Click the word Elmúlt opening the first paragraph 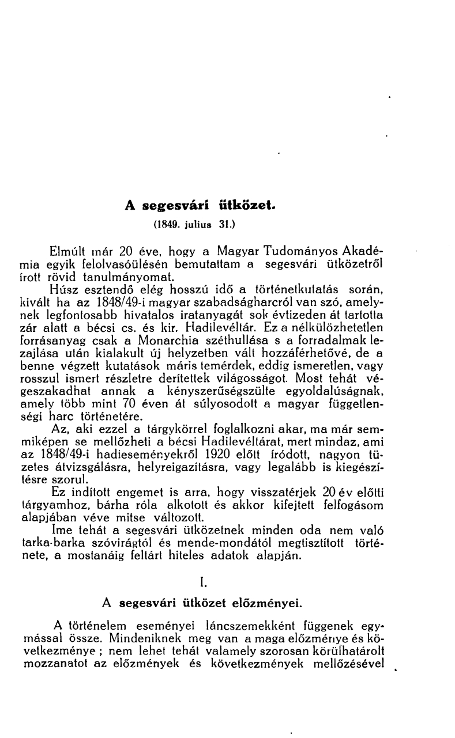pyautogui.click(x=69, y=252)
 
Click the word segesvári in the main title pyautogui.click(x=175, y=206)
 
